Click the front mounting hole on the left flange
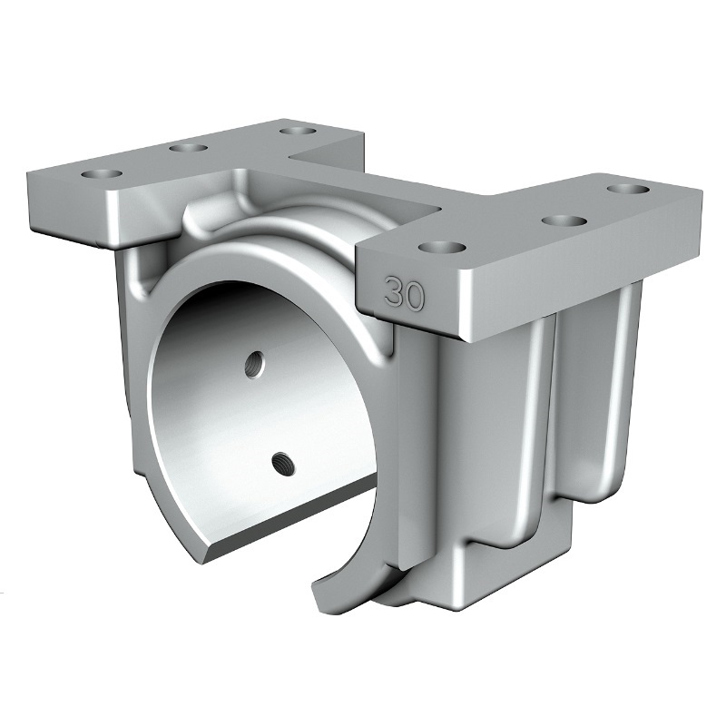click(x=102, y=174)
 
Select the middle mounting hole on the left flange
click(x=188, y=148)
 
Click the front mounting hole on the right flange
click(x=442, y=248)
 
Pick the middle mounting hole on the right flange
click(x=563, y=221)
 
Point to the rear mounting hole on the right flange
click(x=629, y=189)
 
